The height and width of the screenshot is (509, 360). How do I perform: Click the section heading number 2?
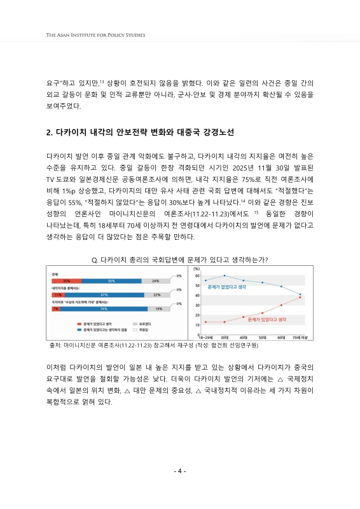click(x=50, y=133)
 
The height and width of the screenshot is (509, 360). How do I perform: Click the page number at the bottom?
click(x=180, y=471)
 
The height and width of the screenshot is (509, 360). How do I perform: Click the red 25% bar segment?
click(x=66, y=281)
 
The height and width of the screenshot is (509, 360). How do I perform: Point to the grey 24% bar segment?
click(x=155, y=281)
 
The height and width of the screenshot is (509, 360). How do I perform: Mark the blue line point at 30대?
click(x=225, y=275)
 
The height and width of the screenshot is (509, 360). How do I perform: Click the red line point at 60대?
click(x=281, y=305)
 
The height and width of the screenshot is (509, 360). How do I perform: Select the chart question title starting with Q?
click(x=180, y=260)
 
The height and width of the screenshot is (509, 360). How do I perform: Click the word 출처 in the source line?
click(x=54, y=345)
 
